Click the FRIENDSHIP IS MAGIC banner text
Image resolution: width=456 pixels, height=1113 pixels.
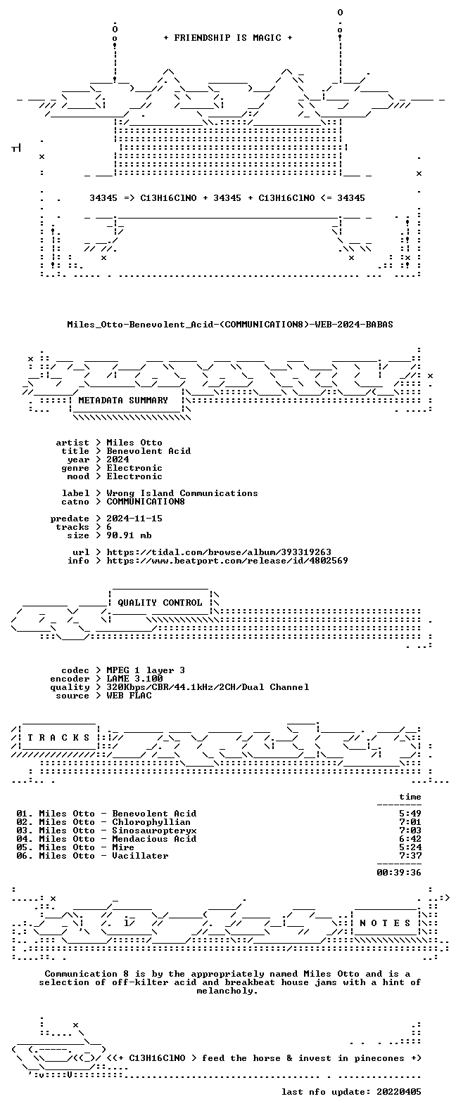(x=228, y=38)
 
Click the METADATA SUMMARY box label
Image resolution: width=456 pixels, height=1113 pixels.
(x=123, y=401)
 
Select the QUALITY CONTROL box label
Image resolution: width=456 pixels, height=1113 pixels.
(x=160, y=603)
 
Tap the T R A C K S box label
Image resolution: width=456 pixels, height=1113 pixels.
(x=58, y=737)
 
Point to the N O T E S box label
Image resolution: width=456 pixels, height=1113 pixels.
(x=385, y=923)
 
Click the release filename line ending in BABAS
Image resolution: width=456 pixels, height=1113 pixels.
(x=230, y=325)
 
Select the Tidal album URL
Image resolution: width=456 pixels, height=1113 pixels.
(x=219, y=552)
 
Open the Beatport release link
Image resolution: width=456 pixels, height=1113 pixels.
(x=227, y=561)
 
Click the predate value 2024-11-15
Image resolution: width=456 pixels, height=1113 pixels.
(x=134, y=519)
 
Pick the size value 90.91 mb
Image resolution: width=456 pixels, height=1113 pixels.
(x=129, y=535)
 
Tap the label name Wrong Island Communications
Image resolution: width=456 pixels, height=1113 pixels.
(x=182, y=493)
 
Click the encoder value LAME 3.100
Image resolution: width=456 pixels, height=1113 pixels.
(x=134, y=679)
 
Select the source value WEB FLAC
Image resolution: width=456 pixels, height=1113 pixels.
(x=129, y=696)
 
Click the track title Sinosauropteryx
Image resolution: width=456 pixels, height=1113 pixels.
(x=154, y=831)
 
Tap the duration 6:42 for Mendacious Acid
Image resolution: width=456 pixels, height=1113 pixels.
(x=410, y=839)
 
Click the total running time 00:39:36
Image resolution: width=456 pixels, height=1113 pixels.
(x=399, y=872)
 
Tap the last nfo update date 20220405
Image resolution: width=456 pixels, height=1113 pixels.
(x=399, y=1092)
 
